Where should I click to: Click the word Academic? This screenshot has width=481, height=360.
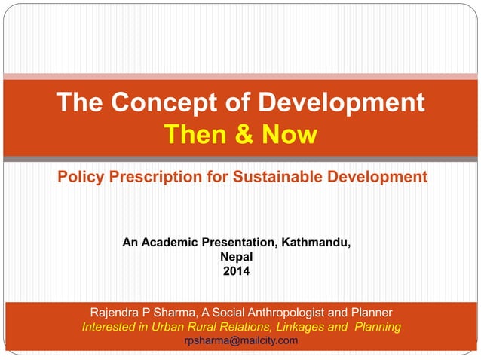tap(168, 243)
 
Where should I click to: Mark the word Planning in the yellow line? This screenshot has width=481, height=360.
tap(376, 327)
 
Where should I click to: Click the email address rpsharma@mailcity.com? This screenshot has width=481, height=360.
tap(241, 341)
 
